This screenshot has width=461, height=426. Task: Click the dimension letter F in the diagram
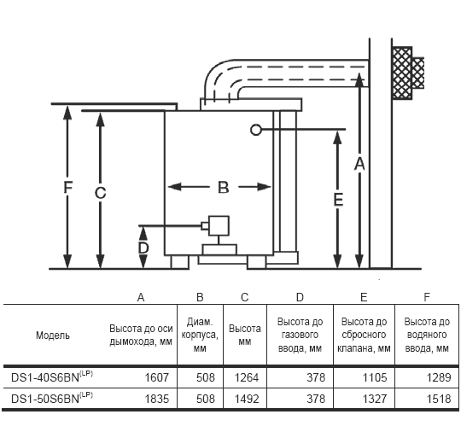[x=68, y=187]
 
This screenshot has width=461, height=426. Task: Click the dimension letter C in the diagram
[x=100, y=193]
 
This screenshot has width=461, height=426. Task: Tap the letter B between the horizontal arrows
[x=224, y=187]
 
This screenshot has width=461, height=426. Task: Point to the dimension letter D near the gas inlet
[x=143, y=248]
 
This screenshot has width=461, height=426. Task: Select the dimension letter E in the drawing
[x=338, y=200]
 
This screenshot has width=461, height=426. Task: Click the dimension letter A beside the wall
[x=359, y=164]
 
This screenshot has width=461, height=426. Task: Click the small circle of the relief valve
[x=256, y=130]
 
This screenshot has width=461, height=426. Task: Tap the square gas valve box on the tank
[x=219, y=225]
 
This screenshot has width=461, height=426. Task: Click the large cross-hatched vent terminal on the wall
[x=402, y=73]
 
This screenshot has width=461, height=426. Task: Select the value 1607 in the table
[x=157, y=377]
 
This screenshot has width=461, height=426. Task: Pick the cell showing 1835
[x=157, y=399]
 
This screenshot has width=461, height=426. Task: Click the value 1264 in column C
[x=247, y=377]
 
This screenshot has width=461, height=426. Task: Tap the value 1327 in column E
[x=375, y=399]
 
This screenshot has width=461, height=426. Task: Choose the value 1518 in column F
[x=439, y=399]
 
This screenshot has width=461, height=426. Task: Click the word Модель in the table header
[x=53, y=336]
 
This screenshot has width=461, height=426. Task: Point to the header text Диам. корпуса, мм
[x=200, y=335]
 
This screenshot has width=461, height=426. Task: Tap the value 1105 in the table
[x=375, y=377]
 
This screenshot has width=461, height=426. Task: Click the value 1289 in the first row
[x=439, y=377]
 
